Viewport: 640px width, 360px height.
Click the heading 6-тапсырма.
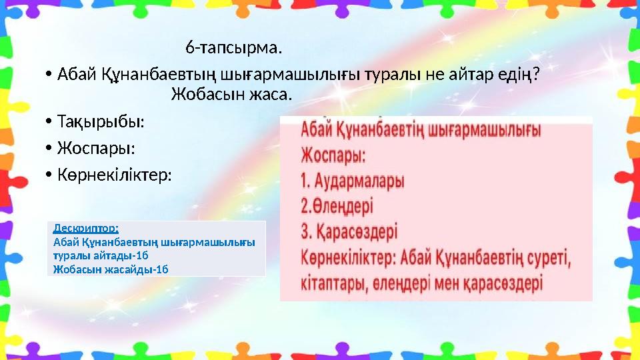(x=233, y=48)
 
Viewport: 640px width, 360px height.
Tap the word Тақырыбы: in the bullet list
(x=100, y=123)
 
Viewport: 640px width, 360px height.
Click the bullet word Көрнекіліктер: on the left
(x=114, y=175)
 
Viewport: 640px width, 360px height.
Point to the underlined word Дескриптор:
(x=86, y=227)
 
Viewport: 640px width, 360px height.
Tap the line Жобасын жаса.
(x=231, y=93)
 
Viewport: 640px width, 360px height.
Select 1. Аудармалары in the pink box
(x=353, y=181)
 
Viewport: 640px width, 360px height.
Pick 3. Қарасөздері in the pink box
(x=349, y=232)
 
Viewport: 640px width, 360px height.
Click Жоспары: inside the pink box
(x=333, y=156)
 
